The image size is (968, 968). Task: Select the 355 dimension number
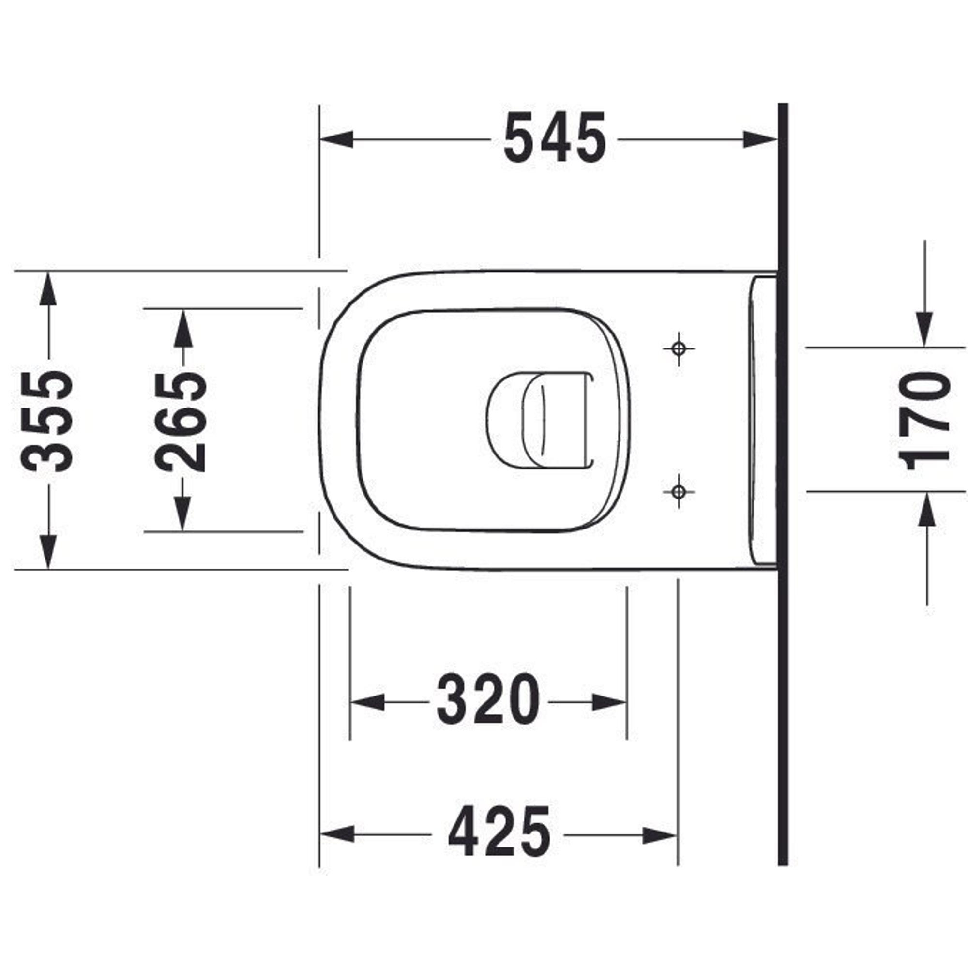(47, 421)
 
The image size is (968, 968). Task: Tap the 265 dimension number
(181, 421)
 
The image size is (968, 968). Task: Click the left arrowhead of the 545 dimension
(336, 139)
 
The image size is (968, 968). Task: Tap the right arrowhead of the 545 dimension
(760, 139)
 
